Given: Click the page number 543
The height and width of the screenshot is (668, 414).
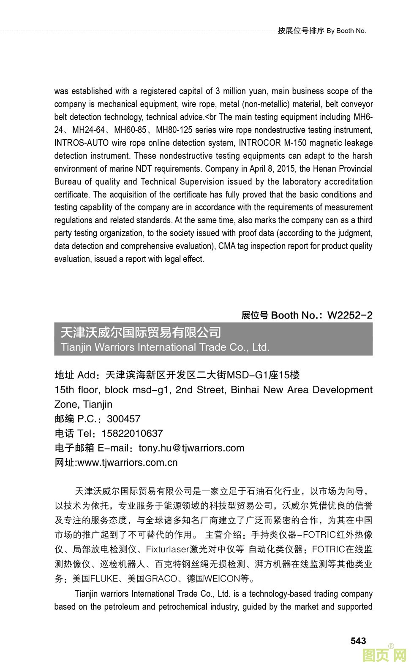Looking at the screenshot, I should (x=358, y=641).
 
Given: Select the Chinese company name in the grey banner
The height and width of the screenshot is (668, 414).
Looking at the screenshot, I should (x=141, y=333).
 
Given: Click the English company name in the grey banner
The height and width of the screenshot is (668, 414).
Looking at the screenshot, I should (x=165, y=347).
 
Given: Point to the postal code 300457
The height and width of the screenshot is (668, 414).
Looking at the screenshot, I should (x=123, y=419).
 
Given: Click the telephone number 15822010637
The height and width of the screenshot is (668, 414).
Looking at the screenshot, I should (x=132, y=433).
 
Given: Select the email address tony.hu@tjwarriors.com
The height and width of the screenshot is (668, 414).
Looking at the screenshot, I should (x=191, y=448).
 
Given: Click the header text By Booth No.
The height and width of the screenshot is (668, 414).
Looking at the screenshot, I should (x=346, y=31).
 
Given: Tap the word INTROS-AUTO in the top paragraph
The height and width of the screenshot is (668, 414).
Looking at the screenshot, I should (x=81, y=143).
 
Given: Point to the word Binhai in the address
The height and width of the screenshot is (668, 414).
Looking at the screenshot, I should (x=245, y=389).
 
